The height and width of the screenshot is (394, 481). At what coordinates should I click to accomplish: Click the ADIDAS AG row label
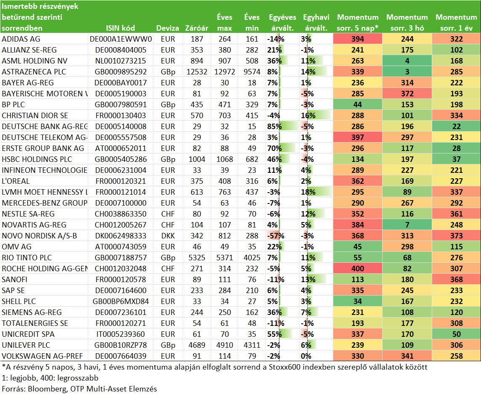click(x=21, y=39)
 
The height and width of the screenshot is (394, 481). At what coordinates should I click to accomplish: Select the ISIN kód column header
click(x=120, y=28)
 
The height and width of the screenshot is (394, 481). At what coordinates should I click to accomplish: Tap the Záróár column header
click(x=197, y=28)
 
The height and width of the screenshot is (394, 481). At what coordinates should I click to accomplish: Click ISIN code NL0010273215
click(x=120, y=61)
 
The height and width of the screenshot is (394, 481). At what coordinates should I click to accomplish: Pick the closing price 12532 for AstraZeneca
click(x=197, y=72)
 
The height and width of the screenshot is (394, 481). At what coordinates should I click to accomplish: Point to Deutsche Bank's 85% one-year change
click(x=274, y=126)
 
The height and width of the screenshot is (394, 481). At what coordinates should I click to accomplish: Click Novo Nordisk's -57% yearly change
click(x=276, y=236)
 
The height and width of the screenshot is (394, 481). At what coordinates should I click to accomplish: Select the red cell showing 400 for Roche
click(x=358, y=269)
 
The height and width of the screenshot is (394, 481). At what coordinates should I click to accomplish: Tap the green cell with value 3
click(x=407, y=72)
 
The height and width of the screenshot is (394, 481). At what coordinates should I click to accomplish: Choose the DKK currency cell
click(x=168, y=236)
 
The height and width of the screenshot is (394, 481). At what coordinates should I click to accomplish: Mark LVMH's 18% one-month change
click(x=308, y=192)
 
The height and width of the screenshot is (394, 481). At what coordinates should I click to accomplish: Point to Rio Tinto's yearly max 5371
click(x=225, y=258)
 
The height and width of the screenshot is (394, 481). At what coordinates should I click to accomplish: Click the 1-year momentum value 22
click(x=457, y=126)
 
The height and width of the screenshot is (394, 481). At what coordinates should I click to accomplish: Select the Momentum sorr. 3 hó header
click(x=407, y=23)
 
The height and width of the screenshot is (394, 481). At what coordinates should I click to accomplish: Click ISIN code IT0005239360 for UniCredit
click(x=120, y=334)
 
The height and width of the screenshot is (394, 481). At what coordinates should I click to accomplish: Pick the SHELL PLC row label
click(x=19, y=301)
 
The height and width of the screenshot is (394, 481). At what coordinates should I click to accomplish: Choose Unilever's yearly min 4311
click(x=252, y=345)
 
